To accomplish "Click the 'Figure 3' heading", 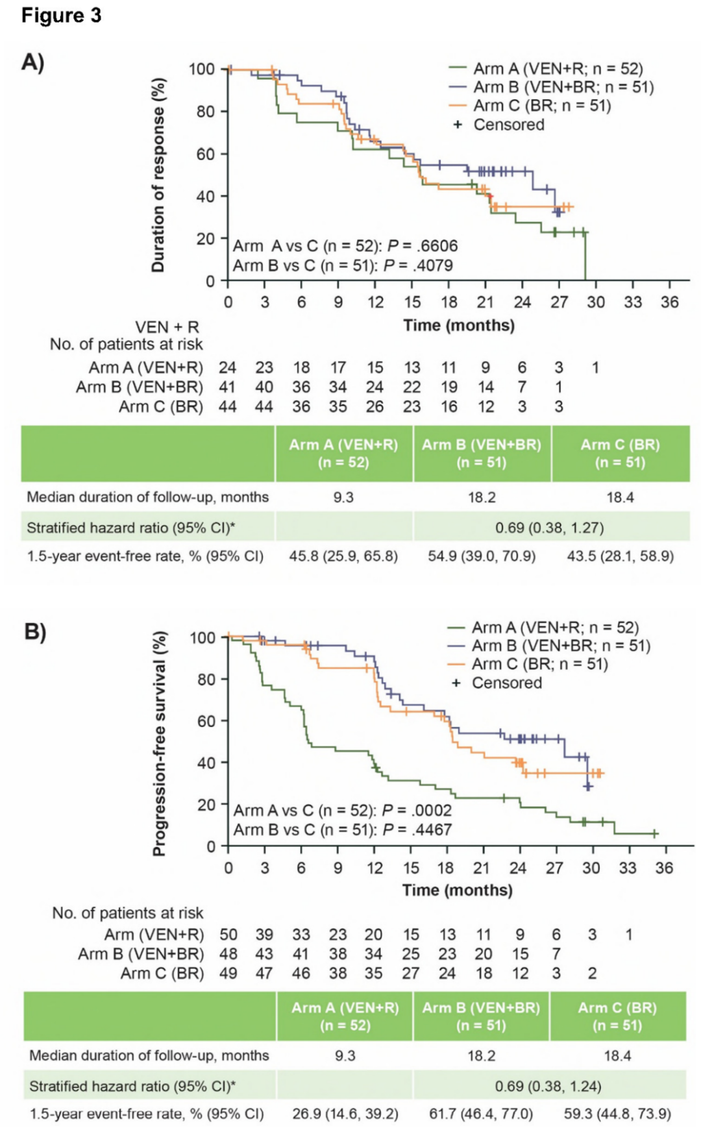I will click(x=62, y=16).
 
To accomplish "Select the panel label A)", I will click(x=33, y=62).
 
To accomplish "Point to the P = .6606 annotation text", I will click(x=423, y=246).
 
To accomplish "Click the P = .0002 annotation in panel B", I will click(x=417, y=810).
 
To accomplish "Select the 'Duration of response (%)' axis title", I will click(x=158, y=175).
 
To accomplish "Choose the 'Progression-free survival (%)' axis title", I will click(x=158, y=744).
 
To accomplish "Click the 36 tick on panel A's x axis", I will click(x=669, y=302).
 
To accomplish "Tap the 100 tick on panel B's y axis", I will click(x=202, y=637).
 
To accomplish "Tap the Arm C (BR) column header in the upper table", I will click(x=620, y=454).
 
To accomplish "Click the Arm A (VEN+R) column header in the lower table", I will click(x=345, y=1016).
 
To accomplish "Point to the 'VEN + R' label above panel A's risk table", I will click(x=167, y=327).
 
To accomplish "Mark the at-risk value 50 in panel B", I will click(x=228, y=935).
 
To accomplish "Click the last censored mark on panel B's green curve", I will click(x=655, y=833).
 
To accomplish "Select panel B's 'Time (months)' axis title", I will click(x=457, y=890).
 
